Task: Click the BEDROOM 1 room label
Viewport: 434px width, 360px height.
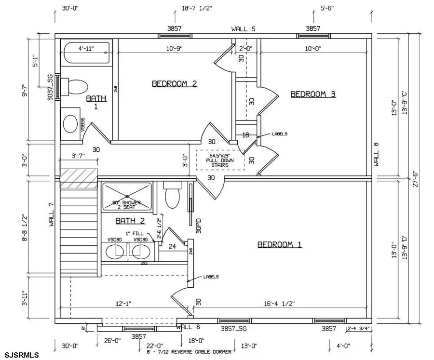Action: point(280,245)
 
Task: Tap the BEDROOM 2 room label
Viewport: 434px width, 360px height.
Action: point(175,83)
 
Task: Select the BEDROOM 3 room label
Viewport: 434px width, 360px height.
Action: point(313,94)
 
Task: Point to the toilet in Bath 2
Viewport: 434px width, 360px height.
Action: point(172,196)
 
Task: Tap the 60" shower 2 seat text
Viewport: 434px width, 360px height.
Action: point(126,204)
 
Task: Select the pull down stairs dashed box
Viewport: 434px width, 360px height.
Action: point(220,160)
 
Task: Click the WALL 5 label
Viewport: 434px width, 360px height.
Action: point(243,29)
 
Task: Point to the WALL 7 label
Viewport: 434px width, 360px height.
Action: point(52,214)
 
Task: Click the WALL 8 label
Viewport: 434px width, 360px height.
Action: point(377,154)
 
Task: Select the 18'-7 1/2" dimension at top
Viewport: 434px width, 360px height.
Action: point(197,8)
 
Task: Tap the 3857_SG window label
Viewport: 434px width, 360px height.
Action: point(234,329)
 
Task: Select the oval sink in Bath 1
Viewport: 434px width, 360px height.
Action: point(71,123)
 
